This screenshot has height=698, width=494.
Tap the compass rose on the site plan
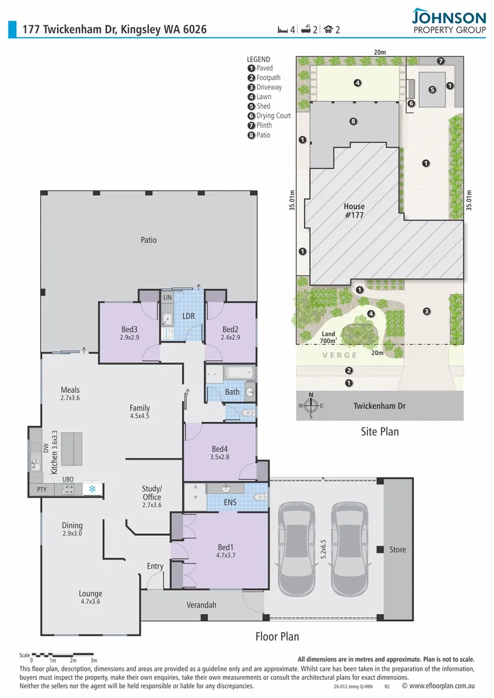coord(311,406)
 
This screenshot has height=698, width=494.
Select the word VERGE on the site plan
coord(340,355)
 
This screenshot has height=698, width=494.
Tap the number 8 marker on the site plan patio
coord(353,121)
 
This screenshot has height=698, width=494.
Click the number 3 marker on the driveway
coord(426,312)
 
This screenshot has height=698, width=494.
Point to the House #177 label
coord(354,211)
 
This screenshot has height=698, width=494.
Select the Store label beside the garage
coord(398,549)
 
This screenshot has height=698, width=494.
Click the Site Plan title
coord(380,431)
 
